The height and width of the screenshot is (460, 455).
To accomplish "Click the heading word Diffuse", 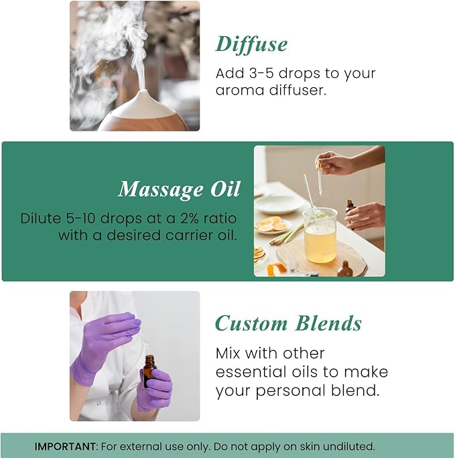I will [x=251, y=44].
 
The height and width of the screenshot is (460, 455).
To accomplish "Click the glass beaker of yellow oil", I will [x=320, y=238].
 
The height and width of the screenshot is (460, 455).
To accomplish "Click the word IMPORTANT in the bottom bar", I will [x=65, y=446].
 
